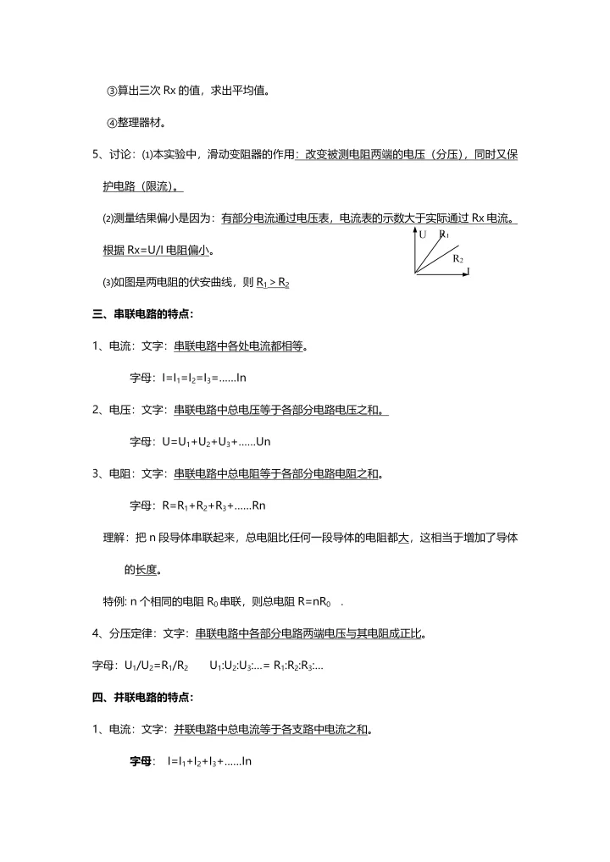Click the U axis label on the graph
click(422, 234)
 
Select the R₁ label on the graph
click(444, 234)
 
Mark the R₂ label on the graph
click(457, 257)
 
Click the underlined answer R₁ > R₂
click(273, 283)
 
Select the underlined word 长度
click(147, 569)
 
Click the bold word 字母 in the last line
click(140, 761)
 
